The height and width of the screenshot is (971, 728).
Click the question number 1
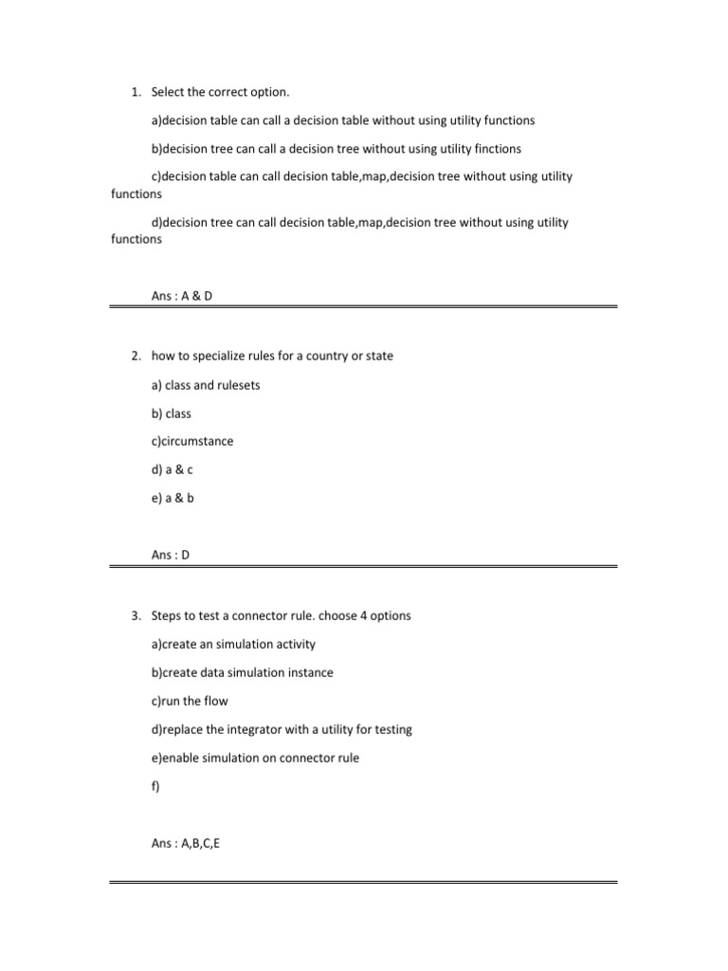coord(135,92)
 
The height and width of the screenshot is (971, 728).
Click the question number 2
coord(135,357)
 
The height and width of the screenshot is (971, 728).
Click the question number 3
coord(135,615)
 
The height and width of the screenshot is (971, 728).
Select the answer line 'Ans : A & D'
coord(182,296)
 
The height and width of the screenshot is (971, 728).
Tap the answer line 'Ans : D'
coord(171,555)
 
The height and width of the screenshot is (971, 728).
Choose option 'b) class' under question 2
coord(171,413)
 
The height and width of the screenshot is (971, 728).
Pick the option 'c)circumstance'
coord(191,442)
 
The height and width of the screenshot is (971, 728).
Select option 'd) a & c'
coord(173,469)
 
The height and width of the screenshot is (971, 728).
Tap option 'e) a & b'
coord(173,498)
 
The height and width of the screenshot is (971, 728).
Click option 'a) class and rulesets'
coord(206,385)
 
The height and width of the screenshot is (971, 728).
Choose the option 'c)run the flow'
coord(190,702)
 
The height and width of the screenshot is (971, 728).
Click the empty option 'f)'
coord(156,786)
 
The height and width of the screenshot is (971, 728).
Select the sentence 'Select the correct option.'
coord(220,92)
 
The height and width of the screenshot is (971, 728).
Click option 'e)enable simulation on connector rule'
coord(255,759)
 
